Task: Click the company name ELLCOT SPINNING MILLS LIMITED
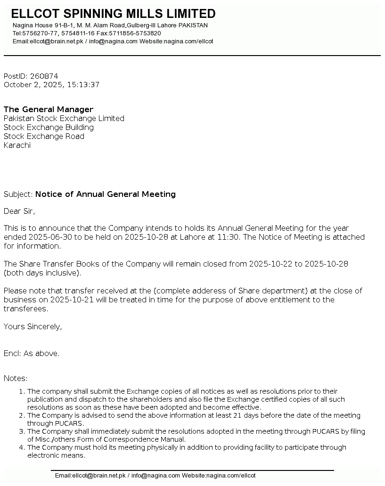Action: [x=113, y=14]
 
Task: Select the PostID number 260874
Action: [x=44, y=76]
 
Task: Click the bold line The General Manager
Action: [x=49, y=110]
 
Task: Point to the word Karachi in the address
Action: [x=17, y=146]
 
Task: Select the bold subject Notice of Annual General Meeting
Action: [x=106, y=194]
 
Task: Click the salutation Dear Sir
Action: [x=19, y=211]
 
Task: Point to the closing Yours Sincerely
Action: [x=33, y=327]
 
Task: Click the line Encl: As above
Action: [x=32, y=354]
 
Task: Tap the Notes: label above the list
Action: [x=16, y=379]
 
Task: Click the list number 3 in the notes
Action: [x=22, y=431]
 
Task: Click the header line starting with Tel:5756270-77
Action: [x=87, y=33]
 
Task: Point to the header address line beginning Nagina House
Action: [x=110, y=25]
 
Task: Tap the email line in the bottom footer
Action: [x=155, y=476]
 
